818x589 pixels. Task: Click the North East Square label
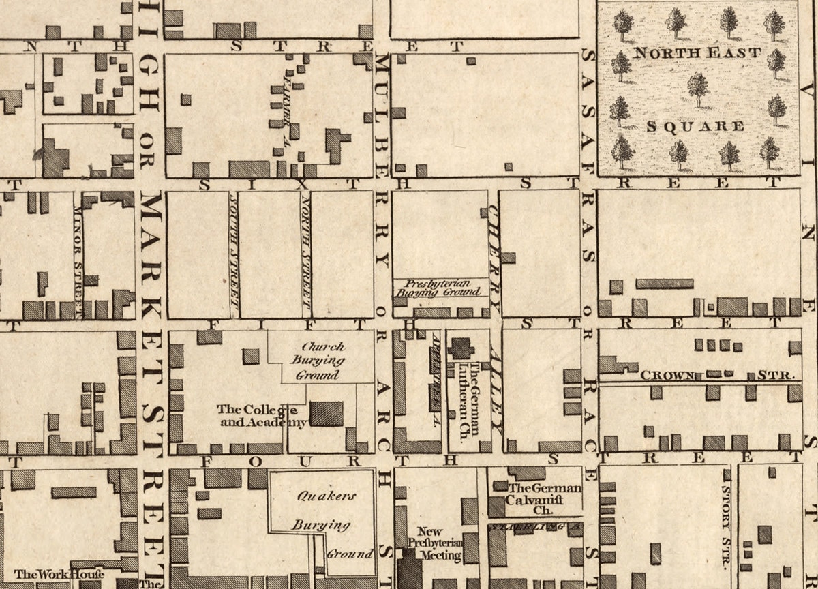tap(697, 52)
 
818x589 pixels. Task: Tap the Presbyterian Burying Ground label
tap(440, 287)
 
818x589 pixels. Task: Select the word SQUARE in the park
tap(695, 126)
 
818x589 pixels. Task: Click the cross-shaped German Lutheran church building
tap(461, 348)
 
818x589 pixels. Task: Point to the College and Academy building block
tap(327, 414)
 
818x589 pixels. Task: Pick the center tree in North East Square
tap(697, 89)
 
